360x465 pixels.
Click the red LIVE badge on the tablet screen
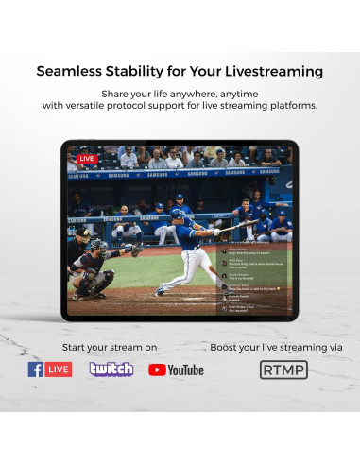(87, 159)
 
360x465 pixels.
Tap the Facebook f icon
(36, 370)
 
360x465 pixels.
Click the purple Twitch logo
(111, 370)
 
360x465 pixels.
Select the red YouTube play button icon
(157, 370)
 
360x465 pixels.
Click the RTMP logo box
(283, 370)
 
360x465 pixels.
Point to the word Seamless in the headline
(73, 72)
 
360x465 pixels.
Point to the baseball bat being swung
(227, 227)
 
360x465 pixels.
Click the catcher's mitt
(136, 250)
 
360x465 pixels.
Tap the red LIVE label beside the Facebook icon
(59, 370)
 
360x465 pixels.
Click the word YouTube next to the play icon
(186, 370)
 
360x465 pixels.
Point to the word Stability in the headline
(160, 72)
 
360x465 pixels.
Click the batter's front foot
(159, 291)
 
